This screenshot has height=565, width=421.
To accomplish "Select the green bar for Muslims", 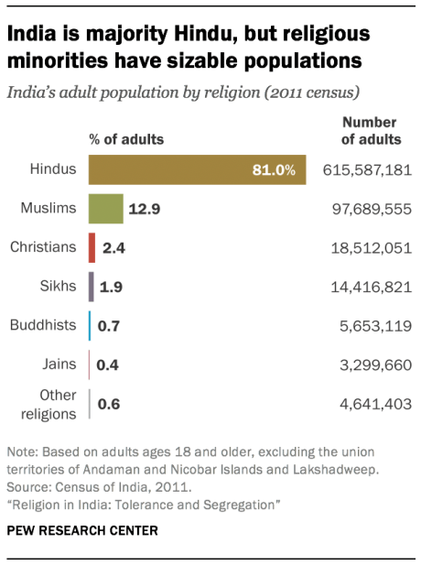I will [105, 209].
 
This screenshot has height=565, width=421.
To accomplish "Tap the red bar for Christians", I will [92, 247].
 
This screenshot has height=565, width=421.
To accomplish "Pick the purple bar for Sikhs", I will [91, 287].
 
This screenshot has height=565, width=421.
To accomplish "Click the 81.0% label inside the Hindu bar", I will [275, 170].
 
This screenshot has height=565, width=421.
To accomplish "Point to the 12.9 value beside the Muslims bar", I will [145, 210].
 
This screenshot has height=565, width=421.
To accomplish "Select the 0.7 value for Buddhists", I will [110, 326].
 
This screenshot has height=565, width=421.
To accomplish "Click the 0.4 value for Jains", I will [109, 364].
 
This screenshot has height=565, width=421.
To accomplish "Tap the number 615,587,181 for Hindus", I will [367, 170].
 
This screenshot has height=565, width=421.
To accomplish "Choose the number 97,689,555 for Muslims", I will [372, 210].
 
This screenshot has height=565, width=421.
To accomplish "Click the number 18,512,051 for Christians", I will [372, 248].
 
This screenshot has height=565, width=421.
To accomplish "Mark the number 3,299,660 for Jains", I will [375, 364].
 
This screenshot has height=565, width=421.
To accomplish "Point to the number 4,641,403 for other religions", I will [375, 404].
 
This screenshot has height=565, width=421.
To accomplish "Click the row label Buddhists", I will [42, 325].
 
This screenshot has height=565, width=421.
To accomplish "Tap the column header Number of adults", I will [371, 131].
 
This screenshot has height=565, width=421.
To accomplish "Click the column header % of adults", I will [126, 140].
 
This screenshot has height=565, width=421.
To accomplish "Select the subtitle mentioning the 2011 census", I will [182, 92].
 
